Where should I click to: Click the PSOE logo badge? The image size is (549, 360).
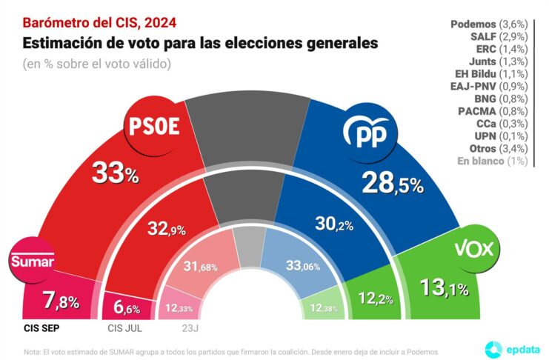(x=154, y=125)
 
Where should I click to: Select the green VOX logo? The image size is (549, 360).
(x=472, y=249)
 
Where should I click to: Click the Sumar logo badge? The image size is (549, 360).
(x=32, y=261)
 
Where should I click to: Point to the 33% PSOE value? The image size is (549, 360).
(x=115, y=175)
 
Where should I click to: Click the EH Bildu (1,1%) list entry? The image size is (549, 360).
(x=490, y=73)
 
